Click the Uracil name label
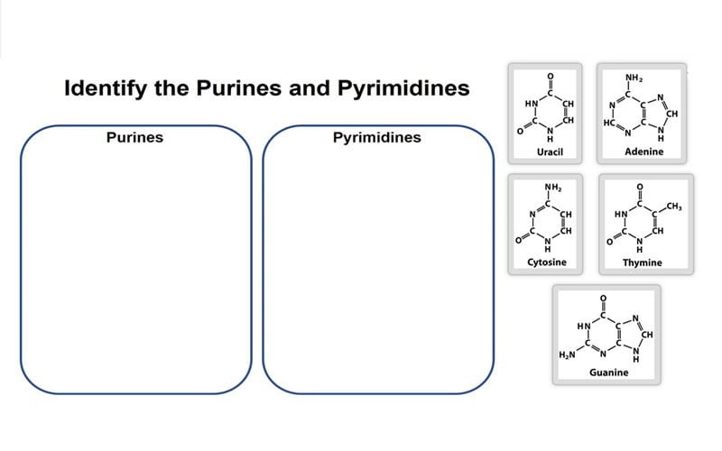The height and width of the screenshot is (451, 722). [550, 152]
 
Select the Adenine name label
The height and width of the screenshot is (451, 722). [643, 152]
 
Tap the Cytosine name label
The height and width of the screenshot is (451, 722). [546, 262]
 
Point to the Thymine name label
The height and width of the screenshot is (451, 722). [642, 263]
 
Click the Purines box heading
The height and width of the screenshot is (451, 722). [134, 138]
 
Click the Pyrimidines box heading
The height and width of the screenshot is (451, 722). [376, 138]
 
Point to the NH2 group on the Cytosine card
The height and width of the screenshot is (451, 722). [553, 188]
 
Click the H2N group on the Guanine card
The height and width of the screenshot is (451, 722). [567, 354]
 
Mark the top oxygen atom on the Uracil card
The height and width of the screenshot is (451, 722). [550, 75]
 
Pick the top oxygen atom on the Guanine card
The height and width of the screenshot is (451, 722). [603, 297]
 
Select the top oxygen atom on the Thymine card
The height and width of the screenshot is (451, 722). [640, 187]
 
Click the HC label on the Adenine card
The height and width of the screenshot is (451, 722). [608, 121]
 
